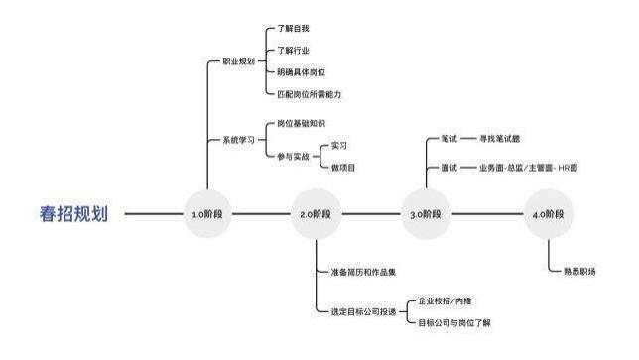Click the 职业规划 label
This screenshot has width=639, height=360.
(x=236, y=60)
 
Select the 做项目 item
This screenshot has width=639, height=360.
(x=343, y=167)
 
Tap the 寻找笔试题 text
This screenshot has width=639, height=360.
(x=499, y=139)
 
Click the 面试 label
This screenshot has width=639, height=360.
(x=448, y=169)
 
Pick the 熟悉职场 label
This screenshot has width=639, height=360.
(x=579, y=270)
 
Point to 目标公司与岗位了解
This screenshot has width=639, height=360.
(x=458, y=323)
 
